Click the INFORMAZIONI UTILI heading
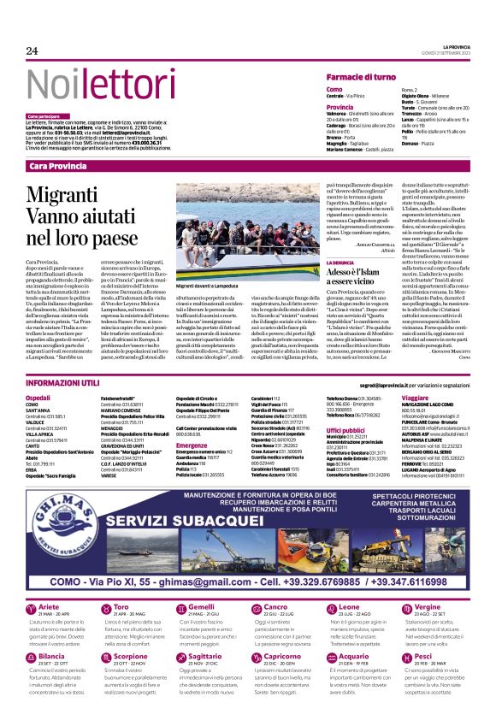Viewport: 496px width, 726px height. pyautogui.click(x=64, y=382)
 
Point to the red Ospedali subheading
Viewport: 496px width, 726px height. pyautogui.click(x=39, y=398)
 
